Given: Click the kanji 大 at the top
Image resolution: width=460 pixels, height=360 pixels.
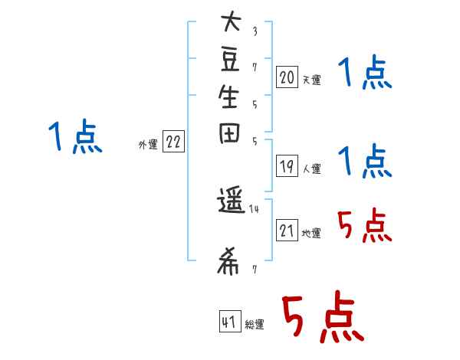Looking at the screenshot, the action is tap(230, 24).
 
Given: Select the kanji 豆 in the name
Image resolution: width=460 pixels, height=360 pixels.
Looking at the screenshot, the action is tap(230, 61).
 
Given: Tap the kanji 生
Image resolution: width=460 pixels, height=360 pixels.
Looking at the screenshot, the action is tap(230, 99).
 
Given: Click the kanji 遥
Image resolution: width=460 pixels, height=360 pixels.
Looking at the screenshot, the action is tap(230, 205).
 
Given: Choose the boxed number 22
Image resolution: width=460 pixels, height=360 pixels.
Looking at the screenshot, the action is tap(174, 142).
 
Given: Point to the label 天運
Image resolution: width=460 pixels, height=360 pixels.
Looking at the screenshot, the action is tap(312, 80).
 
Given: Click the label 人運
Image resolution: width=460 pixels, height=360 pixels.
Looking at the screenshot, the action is tap(312, 169).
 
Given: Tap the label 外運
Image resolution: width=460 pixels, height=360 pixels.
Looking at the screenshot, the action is tap(148, 144).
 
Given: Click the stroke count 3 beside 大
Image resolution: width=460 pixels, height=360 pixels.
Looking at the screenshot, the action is tap(255, 31).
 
